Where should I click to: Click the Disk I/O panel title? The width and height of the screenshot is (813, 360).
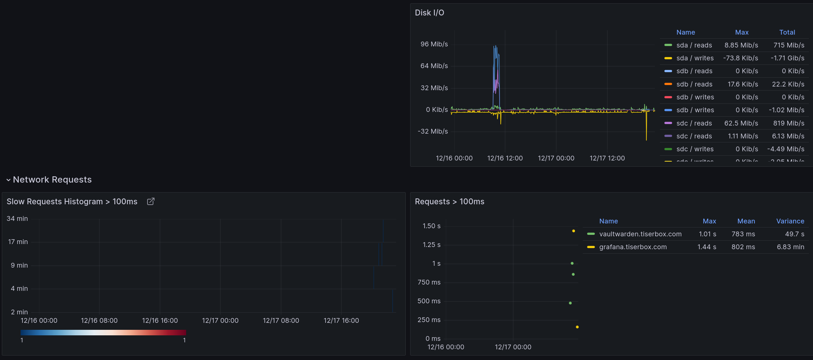click(x=429, y=13)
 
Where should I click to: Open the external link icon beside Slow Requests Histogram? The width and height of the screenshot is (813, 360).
click(x=150, y=201)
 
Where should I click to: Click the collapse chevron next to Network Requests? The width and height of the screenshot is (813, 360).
click(x=8, y=180)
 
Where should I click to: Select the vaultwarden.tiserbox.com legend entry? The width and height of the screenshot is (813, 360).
click(x=640, y=234)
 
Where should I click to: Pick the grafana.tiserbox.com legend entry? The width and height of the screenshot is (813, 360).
click(x=633, y=247)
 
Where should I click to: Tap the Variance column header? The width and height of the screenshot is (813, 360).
click(x=790, y=221)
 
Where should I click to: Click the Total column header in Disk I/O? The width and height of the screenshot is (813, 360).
click(x=787, y=32)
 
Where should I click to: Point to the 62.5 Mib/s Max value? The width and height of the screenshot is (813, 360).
click(x=741, y=123)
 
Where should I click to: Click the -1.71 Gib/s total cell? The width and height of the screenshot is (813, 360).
click(x=787, y=58)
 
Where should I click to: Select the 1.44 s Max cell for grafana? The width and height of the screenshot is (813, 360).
click(x=707, y=247)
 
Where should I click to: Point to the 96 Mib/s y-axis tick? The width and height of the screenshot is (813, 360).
click(x=434, y=44)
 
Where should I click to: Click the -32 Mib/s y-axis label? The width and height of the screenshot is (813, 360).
click(x=433, y=131)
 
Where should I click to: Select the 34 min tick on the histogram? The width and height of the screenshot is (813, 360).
click(x=17, y=219)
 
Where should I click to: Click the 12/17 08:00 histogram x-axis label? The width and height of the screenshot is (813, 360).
click(x=281, y=321)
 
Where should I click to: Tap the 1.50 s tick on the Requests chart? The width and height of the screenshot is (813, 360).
click(x=432, y=226)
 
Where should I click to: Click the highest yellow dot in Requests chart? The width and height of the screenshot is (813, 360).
click(x=574, y=231)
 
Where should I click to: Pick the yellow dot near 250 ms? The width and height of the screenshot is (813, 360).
click(x=577, y=327)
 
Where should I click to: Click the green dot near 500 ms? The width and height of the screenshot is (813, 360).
click(x=570, y=303)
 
